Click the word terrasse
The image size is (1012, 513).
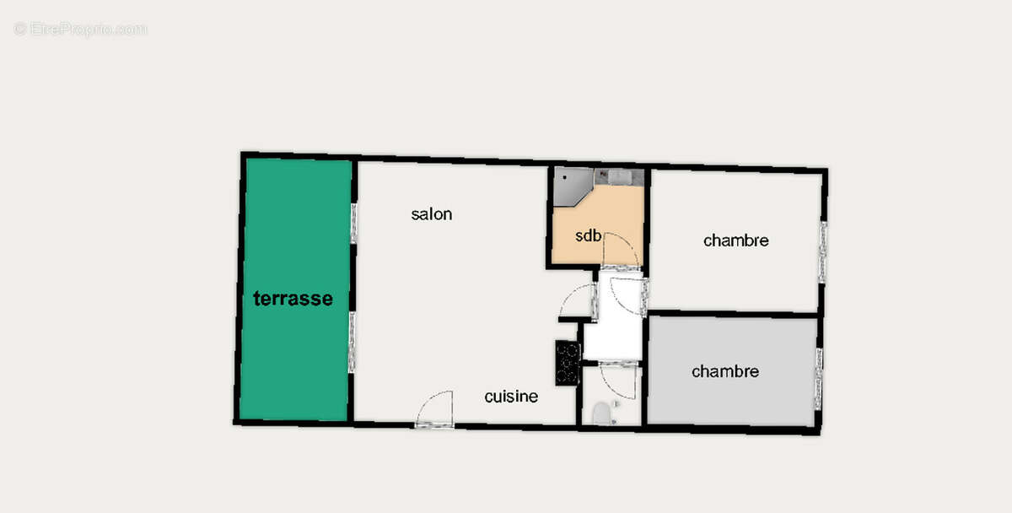293,299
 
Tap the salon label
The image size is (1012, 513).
432,214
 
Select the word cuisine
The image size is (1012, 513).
511,397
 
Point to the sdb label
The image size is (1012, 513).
589,235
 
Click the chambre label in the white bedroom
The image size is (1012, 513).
736,240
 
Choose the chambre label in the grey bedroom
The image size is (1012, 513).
725,371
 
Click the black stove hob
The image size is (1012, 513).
568,363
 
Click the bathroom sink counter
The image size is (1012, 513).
620,177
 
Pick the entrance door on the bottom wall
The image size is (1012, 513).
436,410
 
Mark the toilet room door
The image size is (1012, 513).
619,379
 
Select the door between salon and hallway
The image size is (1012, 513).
580,302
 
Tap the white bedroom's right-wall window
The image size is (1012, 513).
822,251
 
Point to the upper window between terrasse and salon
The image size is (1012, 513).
353,223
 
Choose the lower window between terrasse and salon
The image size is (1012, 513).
352,341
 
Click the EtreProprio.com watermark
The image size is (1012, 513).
80,29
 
